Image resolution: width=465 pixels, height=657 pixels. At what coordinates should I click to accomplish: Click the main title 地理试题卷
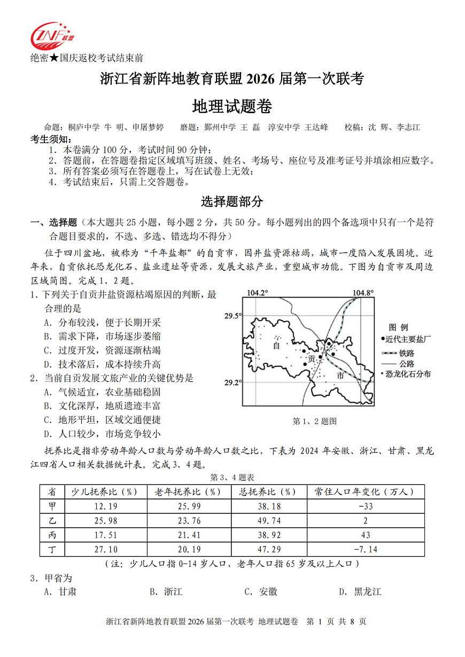pos(232,107)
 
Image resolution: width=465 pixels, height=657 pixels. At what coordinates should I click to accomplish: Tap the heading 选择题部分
pos(232,202)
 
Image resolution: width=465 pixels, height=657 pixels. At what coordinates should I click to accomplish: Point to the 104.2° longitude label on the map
pos(258,293)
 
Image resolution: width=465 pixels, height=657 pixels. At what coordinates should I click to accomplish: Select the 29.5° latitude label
pos(233,316)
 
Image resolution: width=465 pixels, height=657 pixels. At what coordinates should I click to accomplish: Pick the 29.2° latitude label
pos(233,382)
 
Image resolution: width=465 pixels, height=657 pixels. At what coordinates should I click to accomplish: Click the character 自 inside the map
pos(276,346)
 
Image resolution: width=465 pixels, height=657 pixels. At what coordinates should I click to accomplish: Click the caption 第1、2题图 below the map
pos(315,421)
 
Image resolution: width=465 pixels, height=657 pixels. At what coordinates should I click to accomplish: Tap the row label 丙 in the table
pos(51,535)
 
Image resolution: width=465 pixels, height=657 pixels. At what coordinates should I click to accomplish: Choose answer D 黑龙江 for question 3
pos(360,592)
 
